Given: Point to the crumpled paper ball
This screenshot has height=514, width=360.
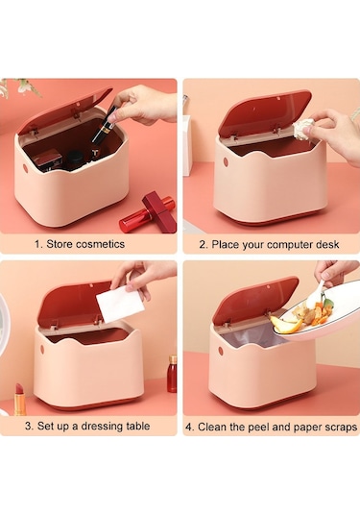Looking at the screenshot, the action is [304, 129].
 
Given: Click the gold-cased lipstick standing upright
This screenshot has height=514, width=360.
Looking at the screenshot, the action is [20, 400].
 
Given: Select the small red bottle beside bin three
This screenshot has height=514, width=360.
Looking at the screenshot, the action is [172, 374].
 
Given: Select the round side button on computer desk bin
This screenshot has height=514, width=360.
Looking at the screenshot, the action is [226, 161].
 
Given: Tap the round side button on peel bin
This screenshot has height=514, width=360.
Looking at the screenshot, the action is [221, 351].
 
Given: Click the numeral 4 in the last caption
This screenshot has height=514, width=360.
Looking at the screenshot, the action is [189, 428].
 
